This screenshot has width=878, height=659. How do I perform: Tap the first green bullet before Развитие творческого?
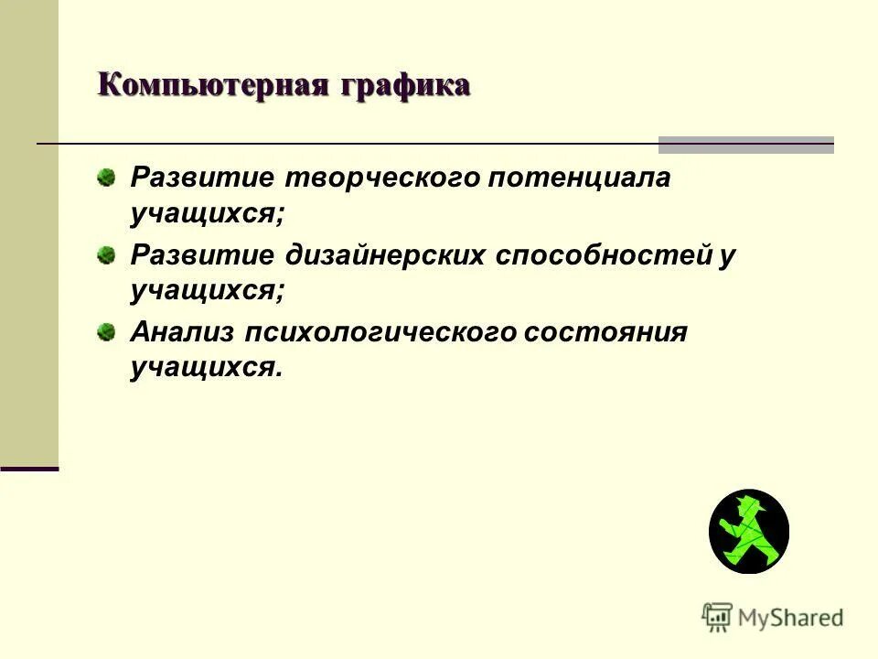click(108, 176)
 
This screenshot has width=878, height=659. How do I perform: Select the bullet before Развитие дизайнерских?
click(108, 253)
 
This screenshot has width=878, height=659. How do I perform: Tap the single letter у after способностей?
click(727, 254)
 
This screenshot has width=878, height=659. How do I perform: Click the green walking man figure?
click(748, 532)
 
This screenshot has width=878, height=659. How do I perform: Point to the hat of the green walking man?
click(756, 505)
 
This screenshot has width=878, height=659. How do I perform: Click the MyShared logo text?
click(791, 618)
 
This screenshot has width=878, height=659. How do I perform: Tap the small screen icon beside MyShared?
click(718, 617)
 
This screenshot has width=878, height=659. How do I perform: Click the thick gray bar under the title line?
click(746, 144)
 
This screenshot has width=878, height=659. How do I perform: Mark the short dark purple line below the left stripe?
click(29, 469)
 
